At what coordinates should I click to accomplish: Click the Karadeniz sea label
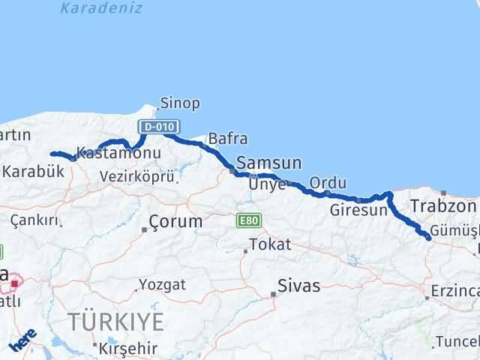[91, 9]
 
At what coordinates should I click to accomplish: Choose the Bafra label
[228, 139]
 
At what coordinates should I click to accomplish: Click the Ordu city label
[328, 183]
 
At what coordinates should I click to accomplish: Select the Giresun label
[358, 211]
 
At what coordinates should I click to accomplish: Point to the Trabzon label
[443, 206]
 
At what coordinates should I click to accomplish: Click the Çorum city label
[175, 222]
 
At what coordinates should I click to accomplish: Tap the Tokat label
[270, 244]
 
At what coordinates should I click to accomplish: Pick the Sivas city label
[298, 286]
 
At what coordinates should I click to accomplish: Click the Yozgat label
[162, 285]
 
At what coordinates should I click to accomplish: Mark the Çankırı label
[34, 220]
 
